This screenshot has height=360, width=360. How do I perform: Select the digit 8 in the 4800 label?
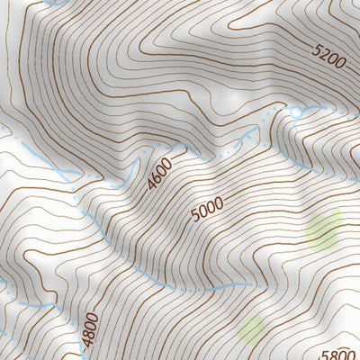pyautogui.click(x=87, y=333)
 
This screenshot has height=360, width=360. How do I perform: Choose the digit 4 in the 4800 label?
pyautogui.click(x=88, y=343)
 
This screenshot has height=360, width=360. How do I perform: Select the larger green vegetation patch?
pyautogui.click(x=324, y=229)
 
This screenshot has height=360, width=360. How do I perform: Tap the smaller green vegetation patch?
pyautogui.click(x=252, y=328)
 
